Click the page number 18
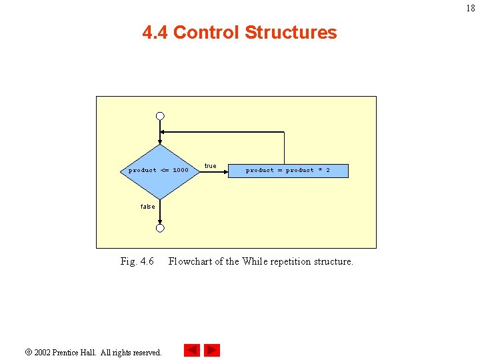pyautogui.click(x=471, y=9)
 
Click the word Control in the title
pyautogui.click(x=206, y=33)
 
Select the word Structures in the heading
pyautogui.click(x=291, y=33)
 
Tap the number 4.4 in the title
pyautogui.click(x=155, y=33)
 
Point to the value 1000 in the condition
pyautogui.click(x=181, y=171)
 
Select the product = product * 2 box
pyautogui.click(x=288, y=171)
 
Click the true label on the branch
pyautogui.click(x=210, y=166)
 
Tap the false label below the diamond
pyautogui.click(x=147, y=207)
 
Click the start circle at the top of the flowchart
pyautogui.click(x=160, y=116)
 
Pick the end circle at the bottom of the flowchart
pyautogui.click(x=160, y=228)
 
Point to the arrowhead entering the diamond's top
pyautogui.click(x=160, y=142)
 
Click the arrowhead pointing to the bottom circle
pyautogui.click(x=160, y=221)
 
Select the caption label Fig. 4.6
pyautogui.click(x=137, y=261)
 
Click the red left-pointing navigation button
pyautogui.click(x=192, y=350)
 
